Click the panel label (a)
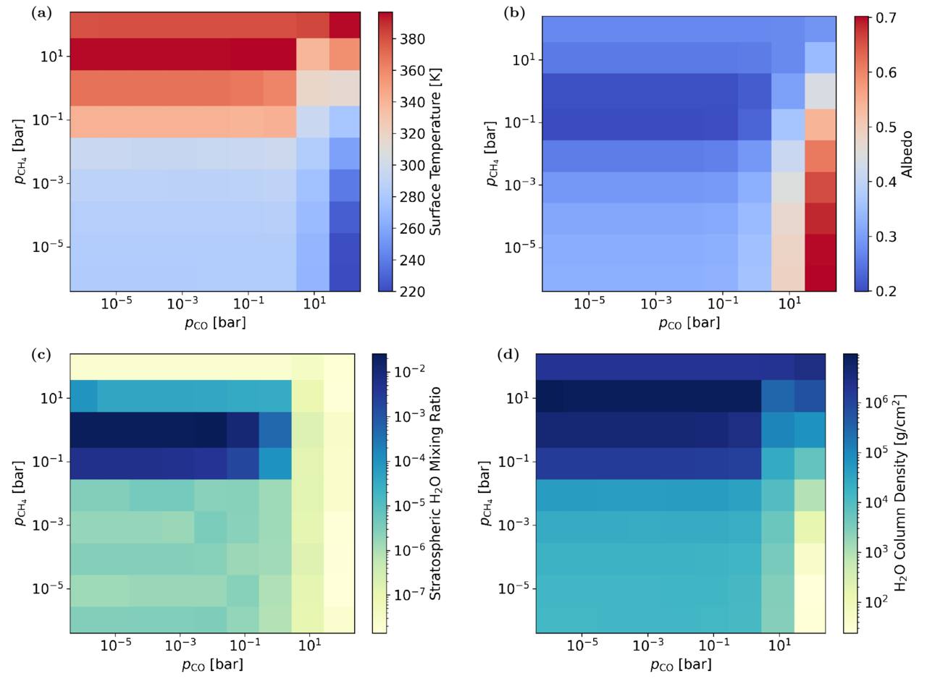pyautogui.click(x=41, y=14)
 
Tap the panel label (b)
pyautogui.click(x=513, y=14)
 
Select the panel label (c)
pyautogui.click(x=41, y=355)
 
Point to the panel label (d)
pyautogui.click(x=508, y=355)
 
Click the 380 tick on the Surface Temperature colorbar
pyautogui.click(x=412, y=39)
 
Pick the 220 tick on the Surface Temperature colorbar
pyautogui.click(x=412, y=292)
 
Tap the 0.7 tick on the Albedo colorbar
pyautogui.click(x=886, y=18)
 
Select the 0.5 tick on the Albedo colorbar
pyautogui.click(x=886, y=127)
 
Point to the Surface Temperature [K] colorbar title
pyautogui.click(x=435, y=151)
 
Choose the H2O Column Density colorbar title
pyautogui.click(x=899, y=493)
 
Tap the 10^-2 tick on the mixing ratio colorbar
pyautogui.click(x=410, y=370)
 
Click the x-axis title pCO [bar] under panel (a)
pyautogui.click(x=215, y=323)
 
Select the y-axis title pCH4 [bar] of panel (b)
pyautogui.click(x=492, y=154)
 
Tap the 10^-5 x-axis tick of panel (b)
pyautogui.click(x=589, y=304)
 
